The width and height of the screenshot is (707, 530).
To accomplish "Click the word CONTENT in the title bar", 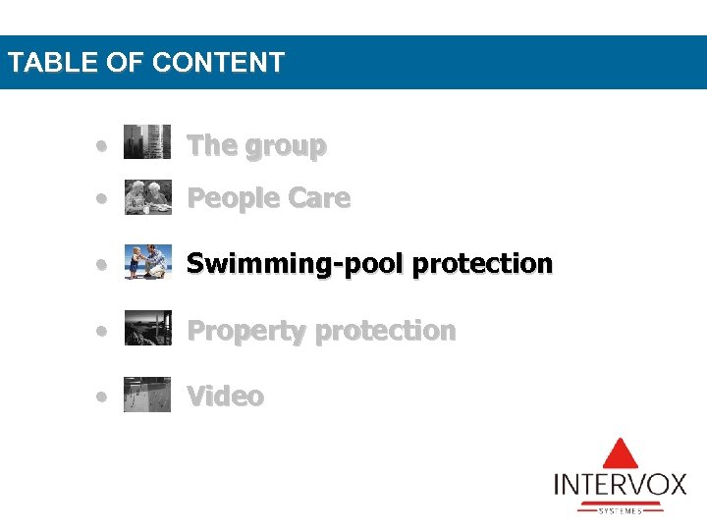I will click(218, 63).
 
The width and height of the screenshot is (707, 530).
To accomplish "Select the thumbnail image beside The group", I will click(147, 141).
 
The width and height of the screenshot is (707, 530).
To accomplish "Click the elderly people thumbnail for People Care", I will click(147, 197).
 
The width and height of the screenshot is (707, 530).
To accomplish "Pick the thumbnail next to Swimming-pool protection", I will click(147, 263).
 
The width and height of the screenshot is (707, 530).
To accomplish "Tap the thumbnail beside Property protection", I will click(147, 329).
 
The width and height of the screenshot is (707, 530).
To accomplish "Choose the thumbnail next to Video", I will click(147, 395).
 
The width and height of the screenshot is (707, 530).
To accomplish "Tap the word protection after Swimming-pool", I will click(482, 265).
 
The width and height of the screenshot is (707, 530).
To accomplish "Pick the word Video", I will click(225, 397).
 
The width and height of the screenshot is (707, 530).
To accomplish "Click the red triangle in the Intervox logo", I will click(620, 453).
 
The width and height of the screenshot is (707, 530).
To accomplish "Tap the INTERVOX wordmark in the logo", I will click(620, 485).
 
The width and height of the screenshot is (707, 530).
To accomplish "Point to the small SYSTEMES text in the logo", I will click(620, 510).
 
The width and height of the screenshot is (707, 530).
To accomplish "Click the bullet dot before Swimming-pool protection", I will click(102, 265).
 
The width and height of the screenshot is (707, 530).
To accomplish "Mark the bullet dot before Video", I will click(102, 397).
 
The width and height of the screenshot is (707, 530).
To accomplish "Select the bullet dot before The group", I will click(102, 146).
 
